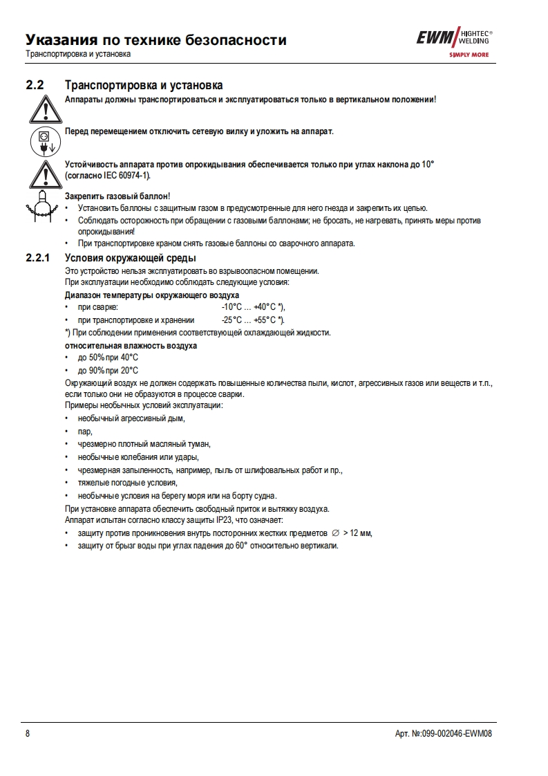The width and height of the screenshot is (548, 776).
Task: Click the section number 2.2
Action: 35,86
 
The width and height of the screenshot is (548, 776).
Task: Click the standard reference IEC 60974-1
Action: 126,176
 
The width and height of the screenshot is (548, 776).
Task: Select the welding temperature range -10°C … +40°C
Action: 253,307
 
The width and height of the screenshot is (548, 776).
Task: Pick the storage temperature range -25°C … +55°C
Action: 253,320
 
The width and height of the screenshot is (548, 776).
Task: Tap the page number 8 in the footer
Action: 28,734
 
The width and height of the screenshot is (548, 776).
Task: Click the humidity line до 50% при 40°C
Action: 108,358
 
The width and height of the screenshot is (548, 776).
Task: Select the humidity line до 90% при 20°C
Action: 108,371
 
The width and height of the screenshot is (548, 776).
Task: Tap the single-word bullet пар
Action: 85,431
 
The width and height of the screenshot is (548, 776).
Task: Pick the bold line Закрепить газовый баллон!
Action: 117,197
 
